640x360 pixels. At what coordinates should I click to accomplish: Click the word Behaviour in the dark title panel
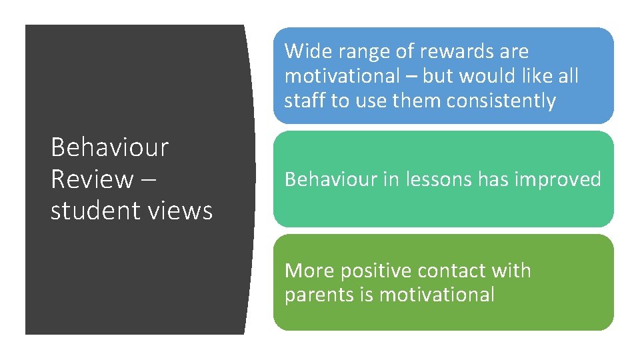click(x=110, y=147)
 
